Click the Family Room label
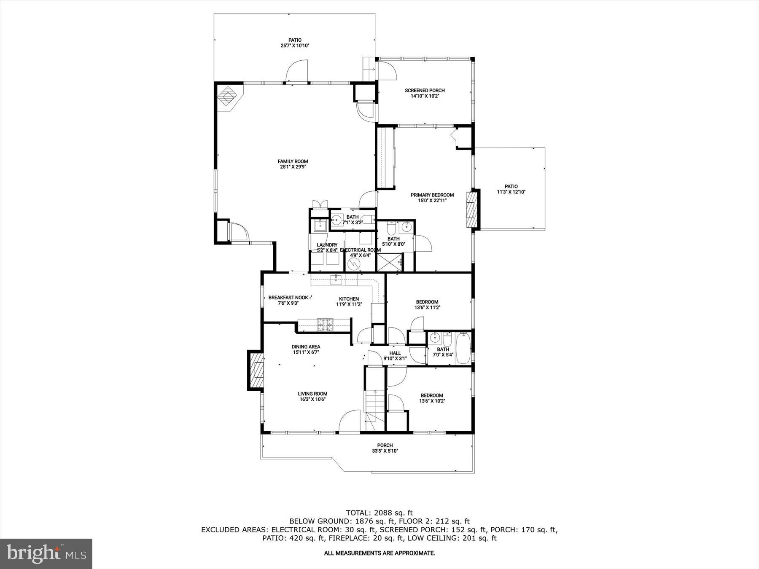point(293,161)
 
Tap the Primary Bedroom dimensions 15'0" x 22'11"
point(432,201)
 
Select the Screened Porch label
point(425,91)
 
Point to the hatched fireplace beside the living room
point(256,371)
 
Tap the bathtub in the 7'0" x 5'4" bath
point(463,348)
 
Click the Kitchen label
point(349,299)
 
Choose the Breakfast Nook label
point(288,298)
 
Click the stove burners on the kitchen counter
point(325,324)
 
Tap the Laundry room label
point(327,245)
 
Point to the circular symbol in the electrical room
point(353,264)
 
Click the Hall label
point(395,353)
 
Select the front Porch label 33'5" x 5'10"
point(385,446)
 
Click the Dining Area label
point(306,347)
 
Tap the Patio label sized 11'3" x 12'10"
point(511,186)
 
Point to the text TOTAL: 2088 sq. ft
point(379,513)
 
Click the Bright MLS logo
point(46,553)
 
